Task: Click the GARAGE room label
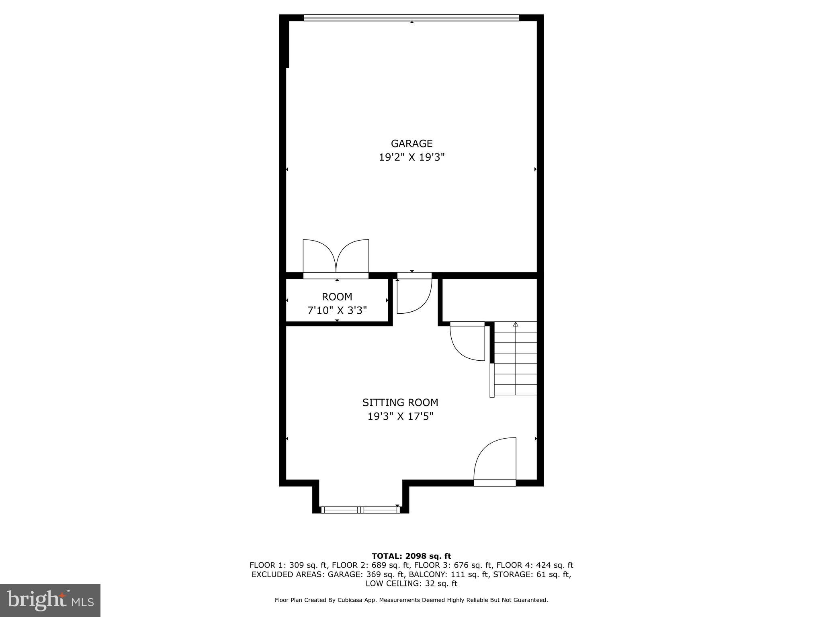pos(411,143)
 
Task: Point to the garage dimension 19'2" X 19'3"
pos(411,157)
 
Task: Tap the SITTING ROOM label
pos(400,402)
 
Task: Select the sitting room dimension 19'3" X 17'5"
pos(400,416)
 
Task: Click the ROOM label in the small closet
pos(337,297)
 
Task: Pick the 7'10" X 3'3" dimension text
pos(337,311)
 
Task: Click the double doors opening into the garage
pos(336,257)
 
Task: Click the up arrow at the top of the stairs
pos(516,324)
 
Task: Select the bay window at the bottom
pos(360,510)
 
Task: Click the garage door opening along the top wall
pos(411,18)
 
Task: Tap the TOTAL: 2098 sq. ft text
pos(411,556)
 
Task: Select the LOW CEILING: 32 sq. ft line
pos(411,583)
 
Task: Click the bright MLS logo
pos(50,601)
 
